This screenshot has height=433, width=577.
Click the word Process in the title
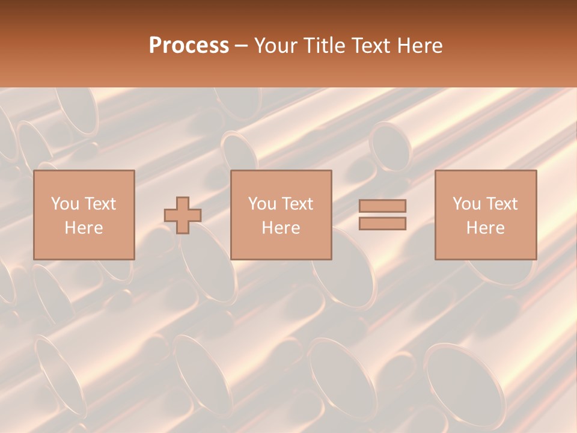[189, 46]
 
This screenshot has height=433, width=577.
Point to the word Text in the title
[370, 46]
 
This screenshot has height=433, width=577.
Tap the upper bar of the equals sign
[382, 206]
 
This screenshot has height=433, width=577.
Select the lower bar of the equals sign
[382, 223]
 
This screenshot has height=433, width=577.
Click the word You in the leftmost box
[64, 204]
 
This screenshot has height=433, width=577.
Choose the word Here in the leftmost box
[84, 228]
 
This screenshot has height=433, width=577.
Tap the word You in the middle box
[262, 204]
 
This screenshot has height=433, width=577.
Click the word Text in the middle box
[297, 204]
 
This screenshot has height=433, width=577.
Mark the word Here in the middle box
[281, 228]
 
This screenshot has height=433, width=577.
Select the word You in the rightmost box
[466, 204]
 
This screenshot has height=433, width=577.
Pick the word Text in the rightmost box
[501, 204]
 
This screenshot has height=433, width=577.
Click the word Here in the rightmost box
[486, 228]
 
